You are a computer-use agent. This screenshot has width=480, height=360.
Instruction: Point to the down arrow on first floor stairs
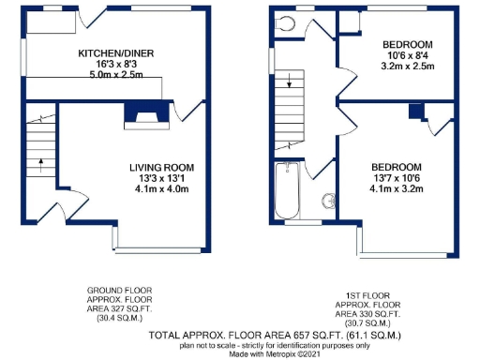click(290, 82)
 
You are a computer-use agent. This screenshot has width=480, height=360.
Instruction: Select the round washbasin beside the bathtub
click(329, 201)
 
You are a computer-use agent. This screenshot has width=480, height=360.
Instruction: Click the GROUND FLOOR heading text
click(118, 291)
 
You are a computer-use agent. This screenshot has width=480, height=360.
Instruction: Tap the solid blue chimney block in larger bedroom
click(413, 112)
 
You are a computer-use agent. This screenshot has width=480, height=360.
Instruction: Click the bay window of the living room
click(160, 250)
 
